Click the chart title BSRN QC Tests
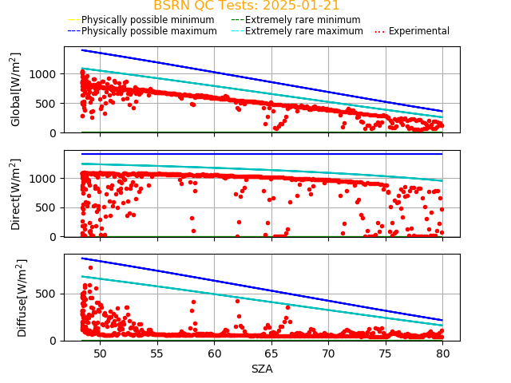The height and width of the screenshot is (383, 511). coord(246,6)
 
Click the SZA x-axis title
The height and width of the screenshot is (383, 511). coord(262,369)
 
